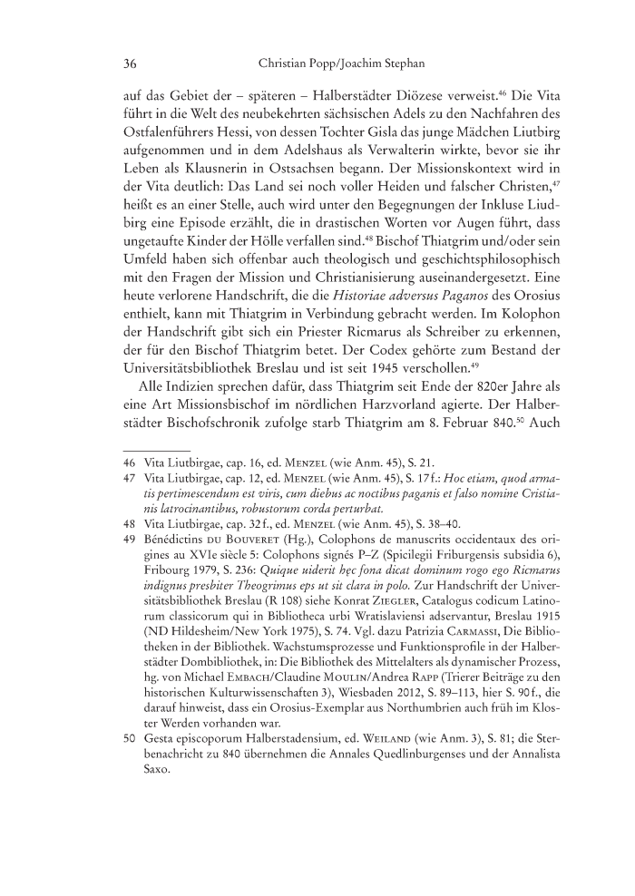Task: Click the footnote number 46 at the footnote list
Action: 129,488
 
